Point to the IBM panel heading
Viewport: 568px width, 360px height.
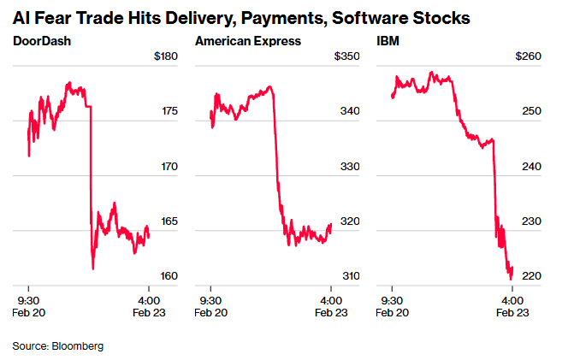pos(387,41)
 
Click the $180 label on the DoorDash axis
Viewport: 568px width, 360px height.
pos(165,56)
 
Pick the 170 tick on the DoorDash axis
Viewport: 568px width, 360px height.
pos(169,167)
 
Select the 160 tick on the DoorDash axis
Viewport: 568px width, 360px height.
pos(169,276)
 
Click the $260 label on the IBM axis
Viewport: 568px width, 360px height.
pos(528,56)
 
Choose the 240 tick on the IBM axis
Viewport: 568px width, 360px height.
pos(531,167)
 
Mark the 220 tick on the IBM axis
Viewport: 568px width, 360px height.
pos(531,276)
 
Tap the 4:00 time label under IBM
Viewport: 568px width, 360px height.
pos(512,300)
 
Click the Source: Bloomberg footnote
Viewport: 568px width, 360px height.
pos(57,345)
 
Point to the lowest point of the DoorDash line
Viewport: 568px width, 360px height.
pos(92,269)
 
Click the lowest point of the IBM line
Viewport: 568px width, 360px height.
pos(511,279)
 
